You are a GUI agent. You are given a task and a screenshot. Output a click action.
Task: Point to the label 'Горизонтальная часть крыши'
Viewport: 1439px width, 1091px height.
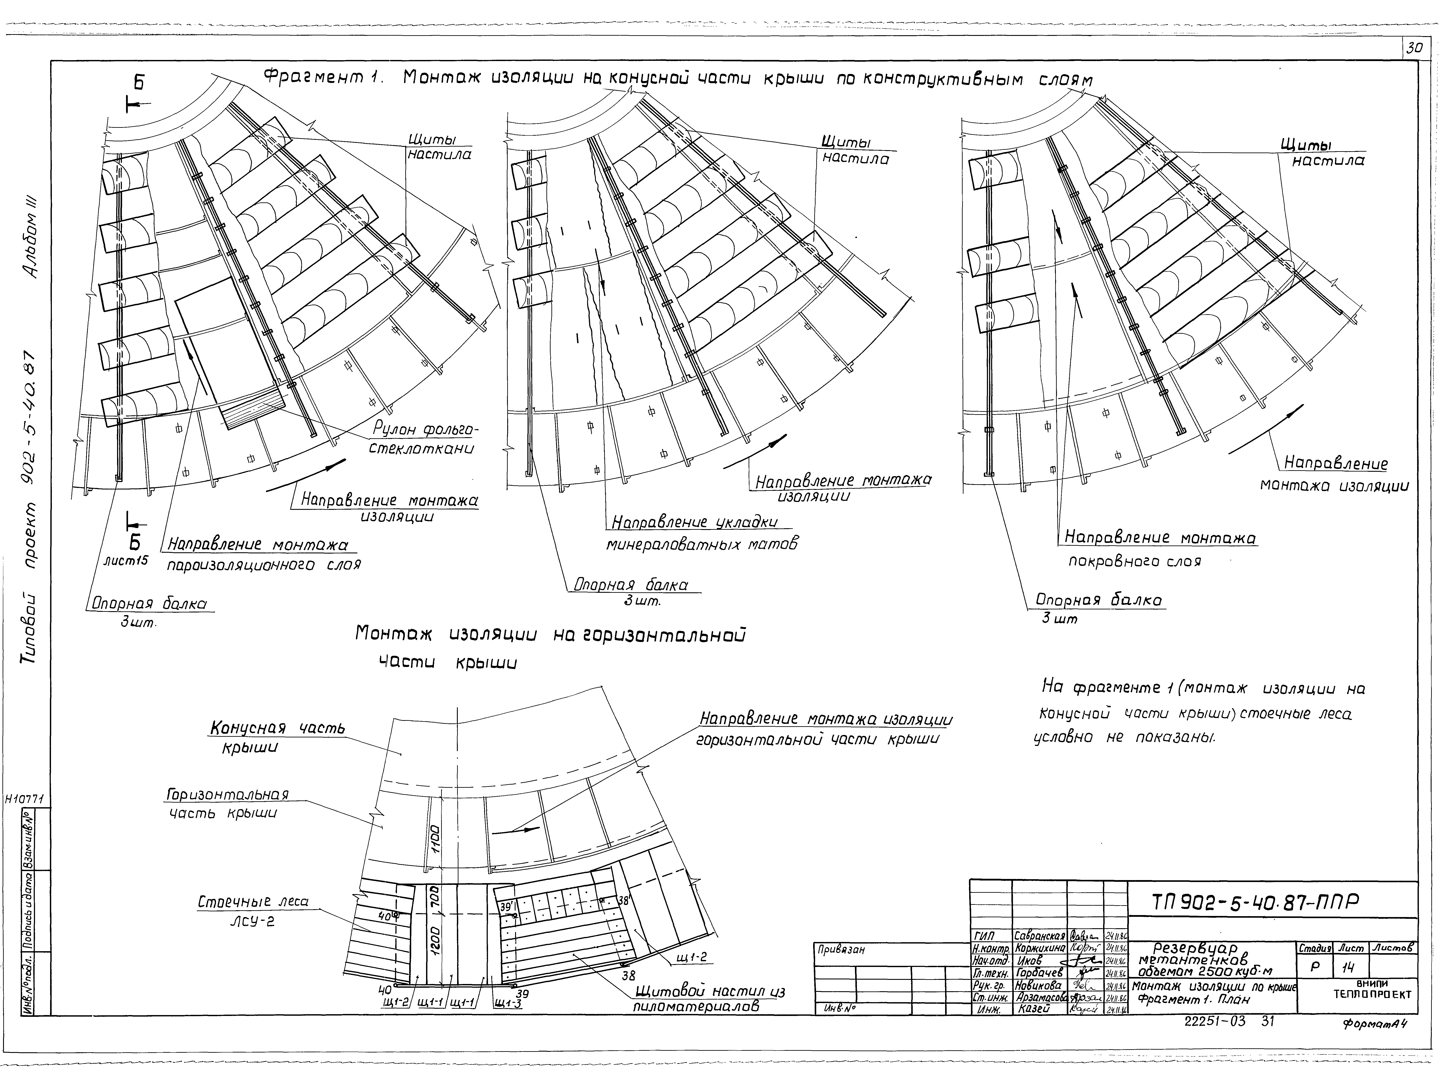228,803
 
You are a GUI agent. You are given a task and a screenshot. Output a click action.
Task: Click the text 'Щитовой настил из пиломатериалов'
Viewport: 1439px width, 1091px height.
709,999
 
